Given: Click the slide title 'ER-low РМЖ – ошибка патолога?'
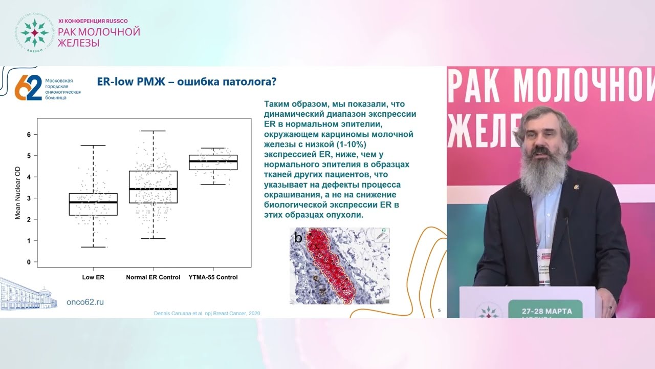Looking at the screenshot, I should point(187,81).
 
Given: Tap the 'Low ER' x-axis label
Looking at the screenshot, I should point(93,277).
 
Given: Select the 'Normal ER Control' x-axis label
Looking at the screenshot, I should point(153,277).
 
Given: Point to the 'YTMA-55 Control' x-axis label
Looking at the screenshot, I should point(213,277).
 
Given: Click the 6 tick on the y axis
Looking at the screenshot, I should point(29,134).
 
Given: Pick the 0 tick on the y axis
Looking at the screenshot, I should point(29,262).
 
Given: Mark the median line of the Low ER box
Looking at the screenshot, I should point(93,202).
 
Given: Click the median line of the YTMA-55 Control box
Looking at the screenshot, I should point(213,161).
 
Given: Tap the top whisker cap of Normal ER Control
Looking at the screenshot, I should point(153,131).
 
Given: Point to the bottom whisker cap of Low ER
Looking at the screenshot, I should point(93,247).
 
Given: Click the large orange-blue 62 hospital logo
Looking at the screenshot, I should point(28,88).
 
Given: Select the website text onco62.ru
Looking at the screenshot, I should point(85,302).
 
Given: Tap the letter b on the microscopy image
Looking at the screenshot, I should point(298,238).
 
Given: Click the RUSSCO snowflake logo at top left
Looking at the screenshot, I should point(34,32).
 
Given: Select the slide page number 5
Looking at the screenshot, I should point(440,310).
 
